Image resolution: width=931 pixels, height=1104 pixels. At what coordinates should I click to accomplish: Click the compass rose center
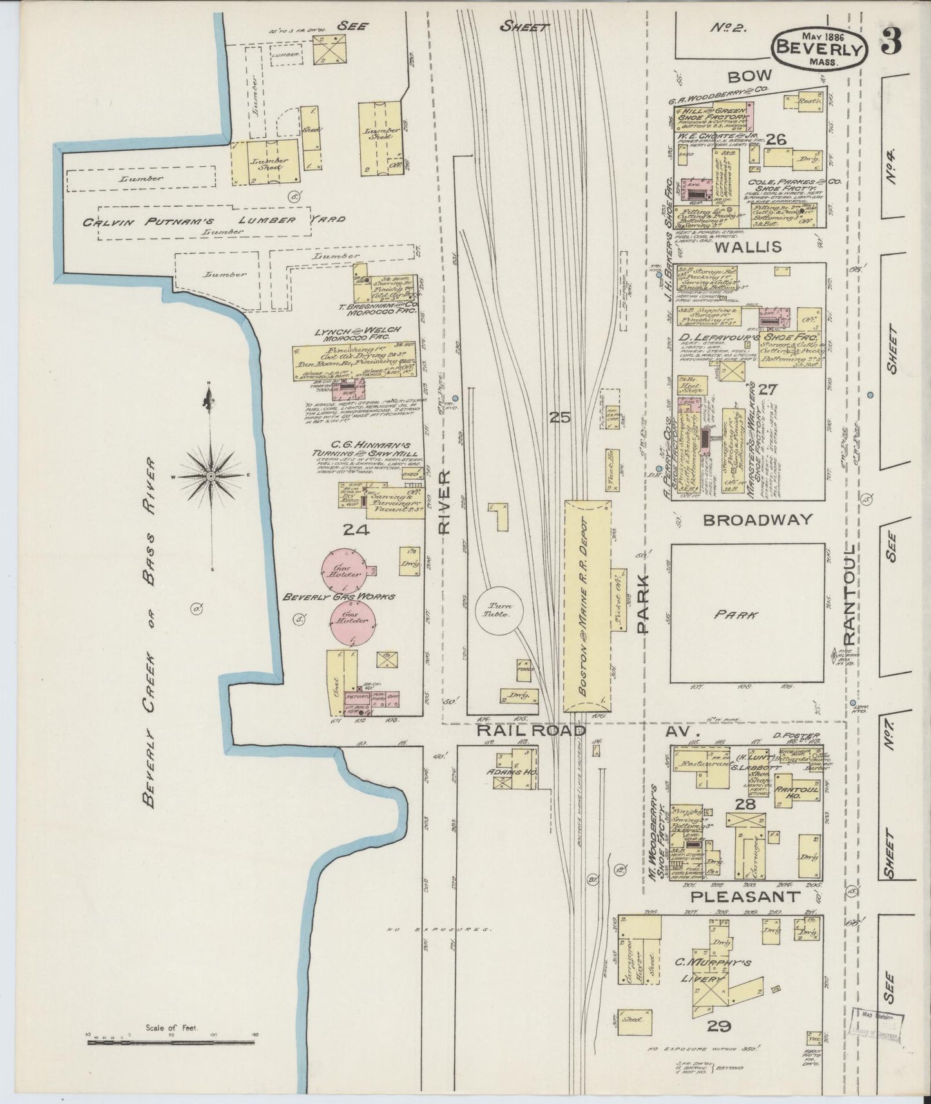point(210,475)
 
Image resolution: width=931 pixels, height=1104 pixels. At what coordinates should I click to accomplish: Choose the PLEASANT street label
point(745,896)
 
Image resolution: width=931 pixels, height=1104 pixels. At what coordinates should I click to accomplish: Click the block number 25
point(560,417)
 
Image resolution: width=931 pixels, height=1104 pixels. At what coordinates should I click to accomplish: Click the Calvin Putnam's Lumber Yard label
point(213,222)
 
